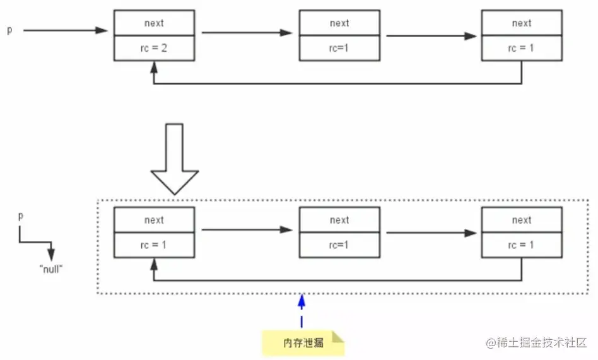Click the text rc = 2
[x=154, y=49]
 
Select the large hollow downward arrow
[x=173, y=158]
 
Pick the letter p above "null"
[x=21, y=216]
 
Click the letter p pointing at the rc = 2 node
[x=9, y=30]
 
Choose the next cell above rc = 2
[x=154, y=23]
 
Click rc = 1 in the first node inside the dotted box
[x=154, y=245]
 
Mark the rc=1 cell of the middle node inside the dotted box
[x=339, y=245]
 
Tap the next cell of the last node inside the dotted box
[x=522, y=220]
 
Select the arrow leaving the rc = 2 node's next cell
[x=247, y=33]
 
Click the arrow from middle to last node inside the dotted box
[x=431, y=233]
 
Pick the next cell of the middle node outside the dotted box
[x=339, y=23]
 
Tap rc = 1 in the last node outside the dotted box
[x=522, y=49]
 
